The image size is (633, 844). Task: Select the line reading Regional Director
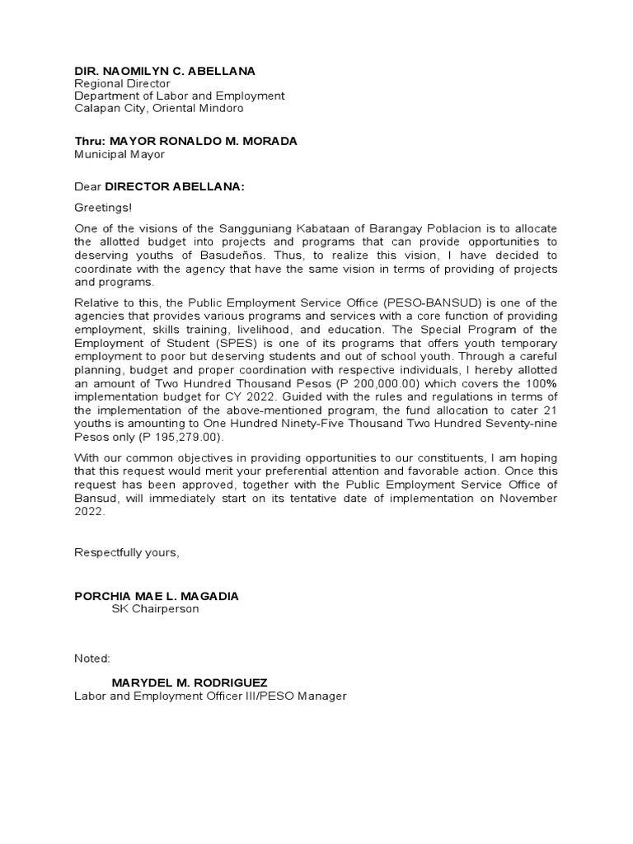(123, 83)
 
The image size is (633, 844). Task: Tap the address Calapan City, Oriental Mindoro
(159, 108)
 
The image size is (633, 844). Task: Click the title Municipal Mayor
(120, 153)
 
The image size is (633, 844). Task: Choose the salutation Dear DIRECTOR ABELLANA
(160, 186)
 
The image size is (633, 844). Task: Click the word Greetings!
(102, 209)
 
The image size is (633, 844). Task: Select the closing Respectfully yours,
(126, 552)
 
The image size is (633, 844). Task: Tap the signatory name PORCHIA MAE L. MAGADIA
(157, 596)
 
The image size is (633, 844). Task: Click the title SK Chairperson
(155, 608)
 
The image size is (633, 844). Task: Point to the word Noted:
(91, 659)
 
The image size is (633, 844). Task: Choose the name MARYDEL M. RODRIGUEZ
(190, 683)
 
